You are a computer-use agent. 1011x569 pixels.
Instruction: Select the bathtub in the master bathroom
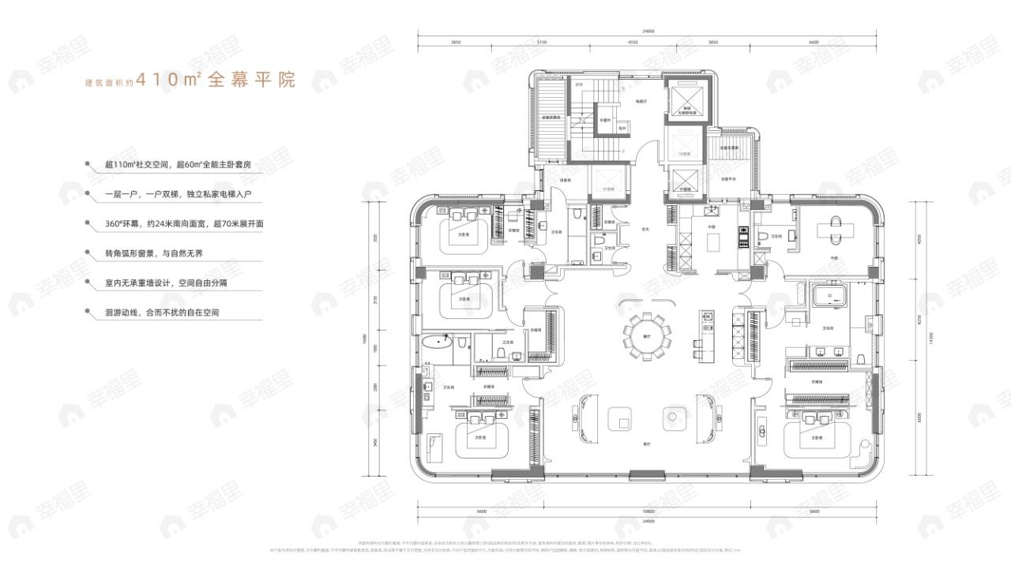click(x=830, y=298)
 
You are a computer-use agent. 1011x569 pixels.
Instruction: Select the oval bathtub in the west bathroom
click(x=436, y=343)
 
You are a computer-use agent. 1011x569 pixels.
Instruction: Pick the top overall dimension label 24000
click(x=648, y=32)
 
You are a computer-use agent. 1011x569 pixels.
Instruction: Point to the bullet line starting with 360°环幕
click(x=183, y=224)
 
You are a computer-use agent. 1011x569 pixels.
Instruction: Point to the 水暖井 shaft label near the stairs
click(x=604, y=120)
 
